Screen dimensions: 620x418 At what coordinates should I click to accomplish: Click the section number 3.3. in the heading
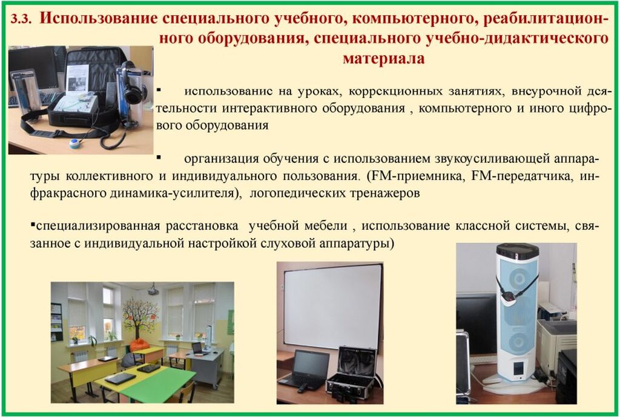tap(21, 19)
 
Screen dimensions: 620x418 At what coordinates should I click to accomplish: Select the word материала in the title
tap(383, 59)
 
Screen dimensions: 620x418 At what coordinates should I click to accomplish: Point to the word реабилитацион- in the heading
tap(546, 19)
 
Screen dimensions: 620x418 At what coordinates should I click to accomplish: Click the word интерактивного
tap(269, 108)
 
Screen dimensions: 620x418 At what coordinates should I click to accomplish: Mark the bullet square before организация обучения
tap(159, 158)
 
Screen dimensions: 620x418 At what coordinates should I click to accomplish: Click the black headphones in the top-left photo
tap(131, 88)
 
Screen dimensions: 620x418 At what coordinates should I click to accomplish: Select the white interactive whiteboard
tap(333, 306)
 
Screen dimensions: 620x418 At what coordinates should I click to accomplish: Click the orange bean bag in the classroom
tap(139, 345)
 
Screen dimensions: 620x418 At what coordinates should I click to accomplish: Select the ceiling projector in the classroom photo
tap(153, 290)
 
